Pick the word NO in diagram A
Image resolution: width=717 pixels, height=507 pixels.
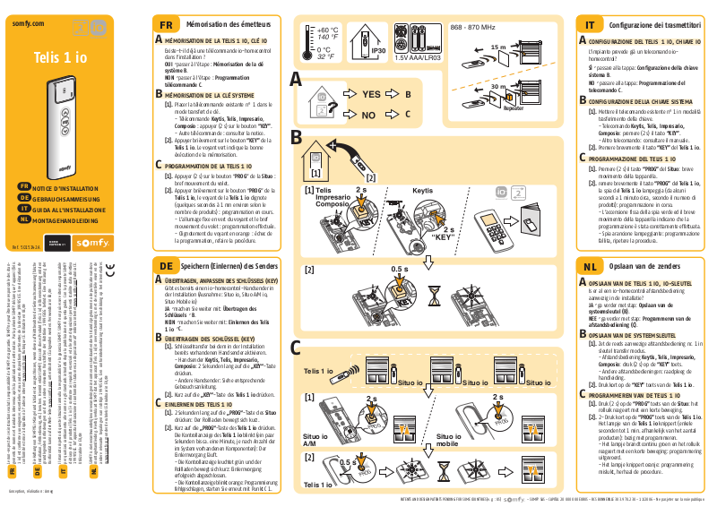click(x=368, y=115)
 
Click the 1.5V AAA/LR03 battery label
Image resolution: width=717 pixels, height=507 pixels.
click(x=417, y=57)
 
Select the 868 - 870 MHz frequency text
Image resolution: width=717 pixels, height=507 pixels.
click(x=472, y=28)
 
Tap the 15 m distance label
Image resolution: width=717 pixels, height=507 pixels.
click(x=498, y=47)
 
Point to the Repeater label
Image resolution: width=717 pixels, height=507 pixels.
click(x=514, y=107)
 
